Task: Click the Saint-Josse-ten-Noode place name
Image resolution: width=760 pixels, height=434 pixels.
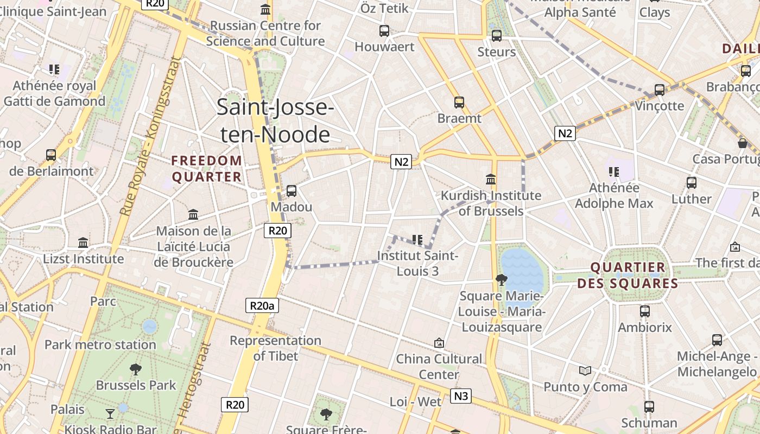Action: pos(275,120)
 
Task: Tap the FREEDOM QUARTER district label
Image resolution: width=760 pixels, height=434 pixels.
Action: pos(206,169)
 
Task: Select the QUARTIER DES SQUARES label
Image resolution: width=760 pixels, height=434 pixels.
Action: pos(628,275)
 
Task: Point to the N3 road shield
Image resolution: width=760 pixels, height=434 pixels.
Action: pos(460,396)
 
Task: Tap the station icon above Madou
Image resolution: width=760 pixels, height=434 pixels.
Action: pos(292,191)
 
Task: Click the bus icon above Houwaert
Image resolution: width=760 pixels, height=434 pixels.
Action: pos(384,31)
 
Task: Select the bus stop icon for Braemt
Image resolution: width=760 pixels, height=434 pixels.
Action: pos(459,102)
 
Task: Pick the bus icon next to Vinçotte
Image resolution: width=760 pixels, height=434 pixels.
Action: pos(660,90)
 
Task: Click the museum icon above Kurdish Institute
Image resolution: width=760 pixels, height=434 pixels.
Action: pos(491,179)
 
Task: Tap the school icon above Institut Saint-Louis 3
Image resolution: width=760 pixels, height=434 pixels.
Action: pos(417,239)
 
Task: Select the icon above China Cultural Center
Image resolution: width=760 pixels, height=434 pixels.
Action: pos(439,343)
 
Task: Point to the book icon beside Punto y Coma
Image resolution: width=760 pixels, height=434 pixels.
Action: pos(585,371)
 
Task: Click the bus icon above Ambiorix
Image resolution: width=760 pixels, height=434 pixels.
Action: pos(645,311)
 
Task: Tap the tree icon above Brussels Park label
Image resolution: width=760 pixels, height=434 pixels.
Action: pos(136,369)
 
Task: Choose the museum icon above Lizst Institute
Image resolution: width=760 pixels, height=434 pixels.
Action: pos(83,242)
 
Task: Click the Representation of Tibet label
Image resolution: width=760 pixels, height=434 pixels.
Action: pos(276,348)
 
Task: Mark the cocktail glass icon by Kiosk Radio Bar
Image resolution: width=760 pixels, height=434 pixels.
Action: pos(110,414)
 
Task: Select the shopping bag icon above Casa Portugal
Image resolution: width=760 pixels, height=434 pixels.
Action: pos(743,143)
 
